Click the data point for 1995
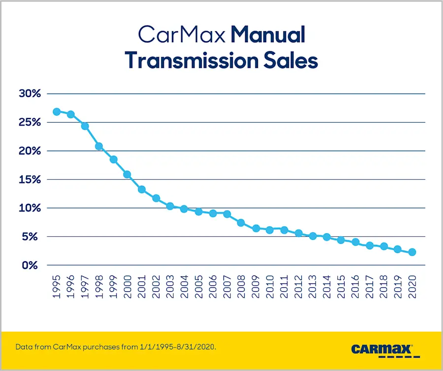(57, 112)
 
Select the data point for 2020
(412, 252)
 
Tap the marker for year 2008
(241, 222)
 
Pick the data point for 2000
(127, 174)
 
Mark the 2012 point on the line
(298, 233)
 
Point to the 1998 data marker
(99, 146)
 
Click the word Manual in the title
(268, 35)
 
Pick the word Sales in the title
(290, 60)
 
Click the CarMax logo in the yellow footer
(382, 349)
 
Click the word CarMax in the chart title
(182, 35)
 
